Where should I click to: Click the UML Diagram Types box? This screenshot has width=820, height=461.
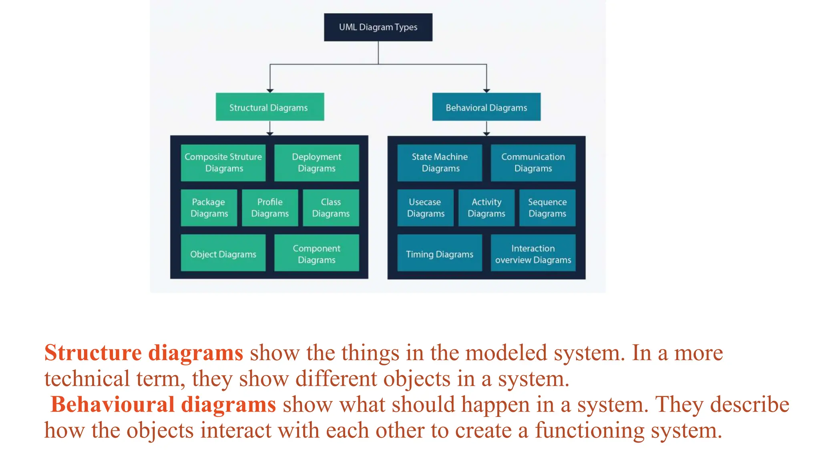click(378, 27)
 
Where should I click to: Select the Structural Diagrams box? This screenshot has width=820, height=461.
click(269, 107)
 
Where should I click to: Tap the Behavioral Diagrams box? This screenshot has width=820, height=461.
click(486, 107)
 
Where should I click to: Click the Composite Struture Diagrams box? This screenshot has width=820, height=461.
click(223, 163)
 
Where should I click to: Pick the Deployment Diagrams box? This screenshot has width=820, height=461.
click(316, 163)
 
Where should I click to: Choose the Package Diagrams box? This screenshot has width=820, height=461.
click(209, 208)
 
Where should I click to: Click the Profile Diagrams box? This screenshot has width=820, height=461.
click(270, 208)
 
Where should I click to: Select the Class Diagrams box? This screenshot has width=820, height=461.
click(331, 208)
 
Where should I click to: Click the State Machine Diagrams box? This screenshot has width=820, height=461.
click(440, 163)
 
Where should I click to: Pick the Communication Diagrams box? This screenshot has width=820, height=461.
click(533, 163)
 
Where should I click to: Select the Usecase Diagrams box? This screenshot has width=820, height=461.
click(425, 208)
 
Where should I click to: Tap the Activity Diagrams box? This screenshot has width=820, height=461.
click(486, 208)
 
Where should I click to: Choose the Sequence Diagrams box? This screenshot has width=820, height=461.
click(547, 208)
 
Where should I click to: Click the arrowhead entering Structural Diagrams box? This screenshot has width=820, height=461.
click(270, 91)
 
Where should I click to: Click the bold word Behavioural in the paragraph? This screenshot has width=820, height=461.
click(113, 405)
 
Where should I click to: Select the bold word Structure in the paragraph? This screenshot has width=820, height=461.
click(93, 353)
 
